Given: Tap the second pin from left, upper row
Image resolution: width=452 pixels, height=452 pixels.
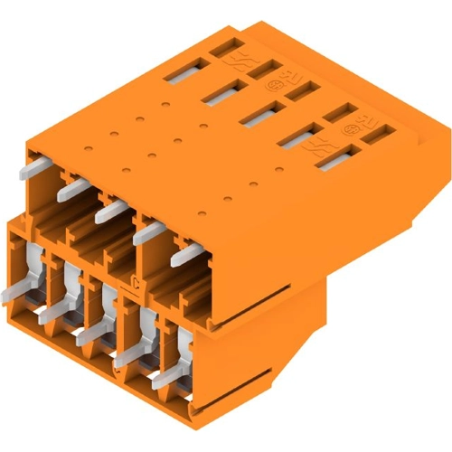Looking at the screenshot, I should coord(72,189).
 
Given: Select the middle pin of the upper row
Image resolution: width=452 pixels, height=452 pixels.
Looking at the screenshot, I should coord(110,210).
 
